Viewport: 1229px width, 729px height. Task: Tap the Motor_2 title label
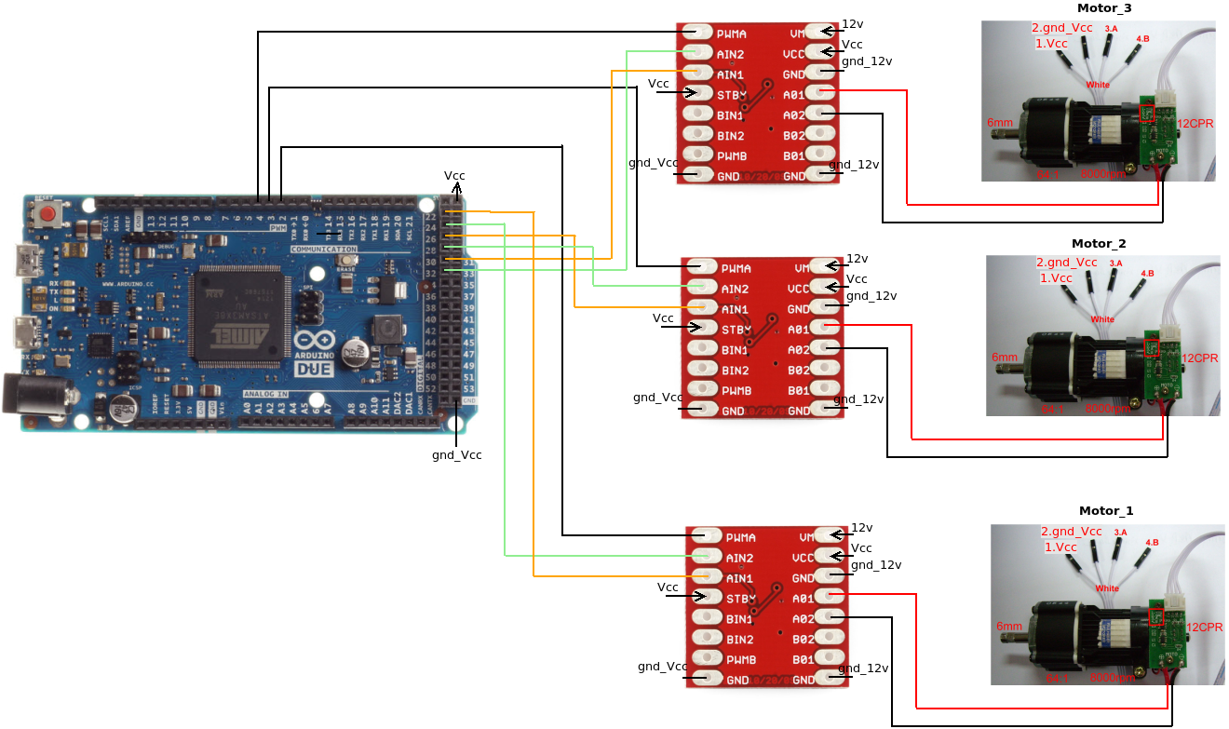(x=1099, y=244)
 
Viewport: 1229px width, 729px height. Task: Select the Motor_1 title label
(x=1106, y=511)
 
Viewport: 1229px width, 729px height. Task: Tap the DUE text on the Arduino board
(x=315, y=369)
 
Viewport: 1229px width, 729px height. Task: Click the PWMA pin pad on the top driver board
(x=696, y=33)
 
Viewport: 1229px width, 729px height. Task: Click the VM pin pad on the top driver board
(x=819, y=33)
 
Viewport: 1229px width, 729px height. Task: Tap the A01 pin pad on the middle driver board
(x=824, y=328)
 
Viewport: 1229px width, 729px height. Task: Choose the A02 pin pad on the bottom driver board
(x=829, y=618)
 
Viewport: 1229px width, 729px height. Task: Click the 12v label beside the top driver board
(x=853, y=24)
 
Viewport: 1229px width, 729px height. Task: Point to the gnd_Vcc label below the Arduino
(x=456, y=456)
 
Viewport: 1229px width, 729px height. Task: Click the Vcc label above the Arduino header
(x=454, y=176)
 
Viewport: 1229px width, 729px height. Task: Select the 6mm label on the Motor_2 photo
(x=1005, y=358)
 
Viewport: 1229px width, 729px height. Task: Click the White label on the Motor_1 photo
(x=1107, y=588)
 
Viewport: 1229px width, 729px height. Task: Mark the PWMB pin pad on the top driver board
(x=696, y=155)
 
